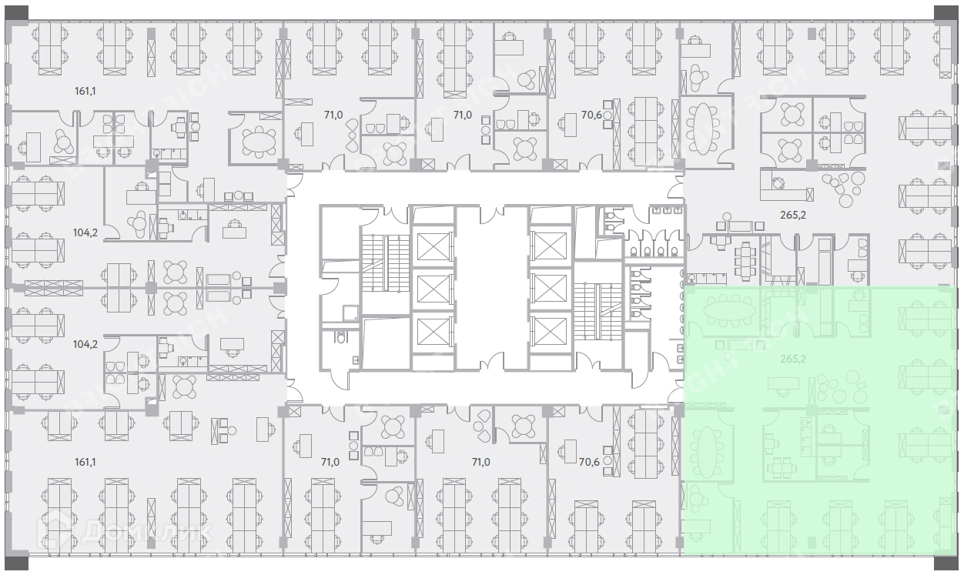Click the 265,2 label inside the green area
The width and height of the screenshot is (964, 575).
pyautogui.click(x=792, y=359)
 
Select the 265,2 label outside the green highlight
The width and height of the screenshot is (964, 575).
pyautogui.click(x=792, y=215)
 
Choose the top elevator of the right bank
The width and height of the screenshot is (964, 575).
pyautogui.click(x=550, y=246)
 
